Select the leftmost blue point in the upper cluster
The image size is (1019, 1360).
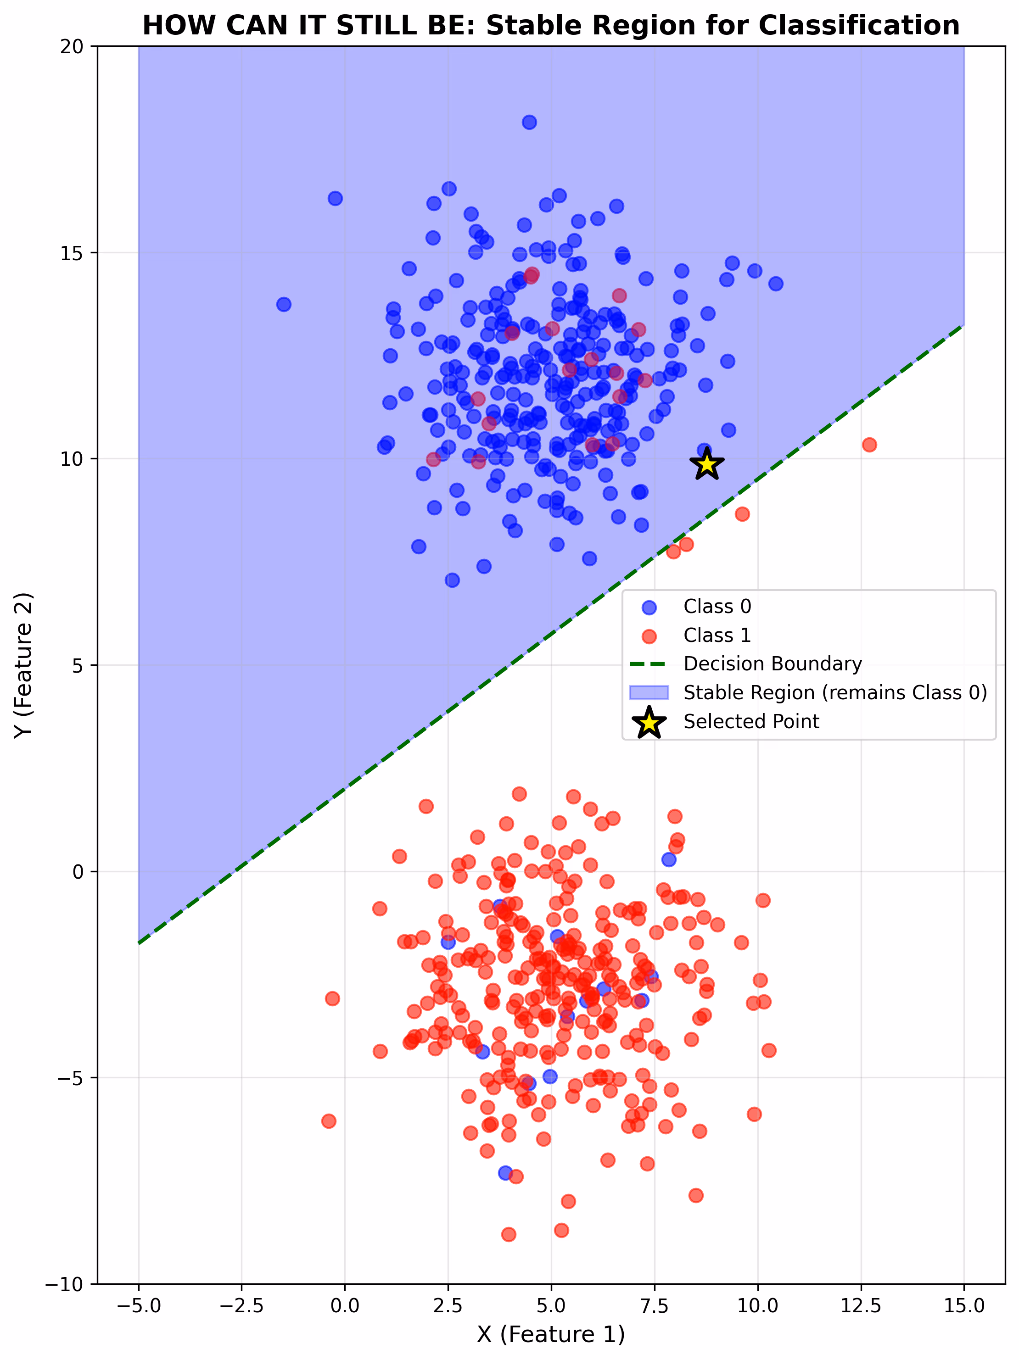click(x=284, y=304)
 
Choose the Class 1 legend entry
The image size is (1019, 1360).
click(x=717, y=635)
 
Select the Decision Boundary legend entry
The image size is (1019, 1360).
click(x=773, y=664)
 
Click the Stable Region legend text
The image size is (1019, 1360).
click(x=835, y=692)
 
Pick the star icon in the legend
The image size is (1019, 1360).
click(x=649, y=722)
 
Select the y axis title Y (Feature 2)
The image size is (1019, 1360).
click(x=23, y=665)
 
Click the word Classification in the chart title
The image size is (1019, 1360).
click(x=858, y=26)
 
